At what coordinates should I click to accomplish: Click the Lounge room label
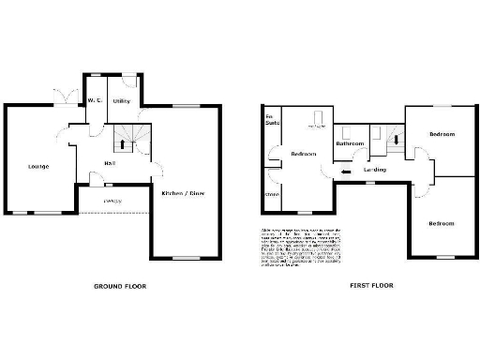pyautogui.click(x=38, y=167)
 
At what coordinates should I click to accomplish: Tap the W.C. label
pyautogui.click(x=94, y=100)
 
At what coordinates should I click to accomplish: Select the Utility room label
pyautogui.click(x=122, y=99)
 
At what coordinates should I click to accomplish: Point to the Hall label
pyautogui.click(x=109, y=162)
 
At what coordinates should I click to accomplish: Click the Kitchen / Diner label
pyautogui.click(x=183, y=193)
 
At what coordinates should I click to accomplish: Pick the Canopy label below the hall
pyautogui.click(x=112, y=201)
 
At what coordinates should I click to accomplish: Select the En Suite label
pyautogui.click(x=272, y=119)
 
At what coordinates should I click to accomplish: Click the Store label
pyautogui.click(x=272, y=195)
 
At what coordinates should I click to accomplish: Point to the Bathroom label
pyautogui.click(x=351, y=143)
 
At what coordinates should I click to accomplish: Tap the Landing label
pyautogui.click(x=376, y=170)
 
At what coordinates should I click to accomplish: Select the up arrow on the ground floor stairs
pyautogui.click(x=122, y=144)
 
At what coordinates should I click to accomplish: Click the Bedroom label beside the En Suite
pyautogui.click(x=303, y=154)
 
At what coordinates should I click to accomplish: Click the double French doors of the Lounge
pyautogui.click(x=66, y=98)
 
